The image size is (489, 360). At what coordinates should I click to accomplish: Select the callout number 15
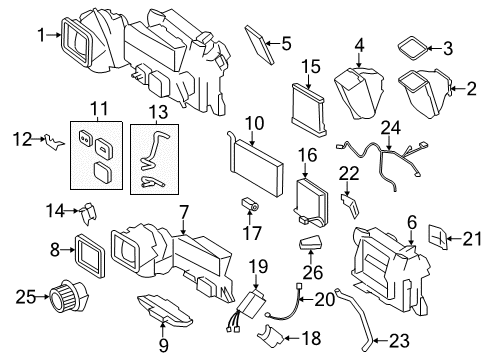[x=310, y=66]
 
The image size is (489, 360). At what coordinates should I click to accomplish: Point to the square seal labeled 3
[x=409, y=46]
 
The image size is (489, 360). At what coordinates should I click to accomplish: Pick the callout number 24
[x=389, y=127]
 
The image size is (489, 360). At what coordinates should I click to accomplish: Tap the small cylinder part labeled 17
[x=250, y=207]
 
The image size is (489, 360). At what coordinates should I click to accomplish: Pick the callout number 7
[x=183, y=211]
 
